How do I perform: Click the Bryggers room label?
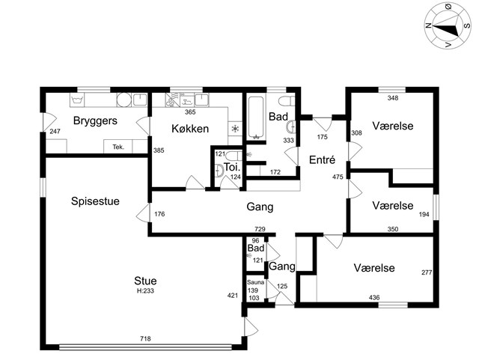(95, 121)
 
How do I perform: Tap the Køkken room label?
(190, 129)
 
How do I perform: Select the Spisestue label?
(95, 201)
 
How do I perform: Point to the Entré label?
(322, 160)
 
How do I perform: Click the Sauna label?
(255, 282)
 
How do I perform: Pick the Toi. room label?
(232, 167)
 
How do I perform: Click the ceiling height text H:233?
(145, 291)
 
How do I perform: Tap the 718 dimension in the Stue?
(145, 338)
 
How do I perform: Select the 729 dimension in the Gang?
(260, 229)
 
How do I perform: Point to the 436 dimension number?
(374, 297)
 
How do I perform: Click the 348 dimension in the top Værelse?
(393, 98)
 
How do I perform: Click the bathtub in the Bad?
(256, 118)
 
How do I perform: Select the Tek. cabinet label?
(118, 147)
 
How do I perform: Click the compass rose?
(448, 25)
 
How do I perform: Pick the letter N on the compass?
(429, 25)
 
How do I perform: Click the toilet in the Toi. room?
(234, 156)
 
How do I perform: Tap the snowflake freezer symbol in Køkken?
(235, 129)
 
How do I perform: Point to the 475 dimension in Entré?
(338, 177)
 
